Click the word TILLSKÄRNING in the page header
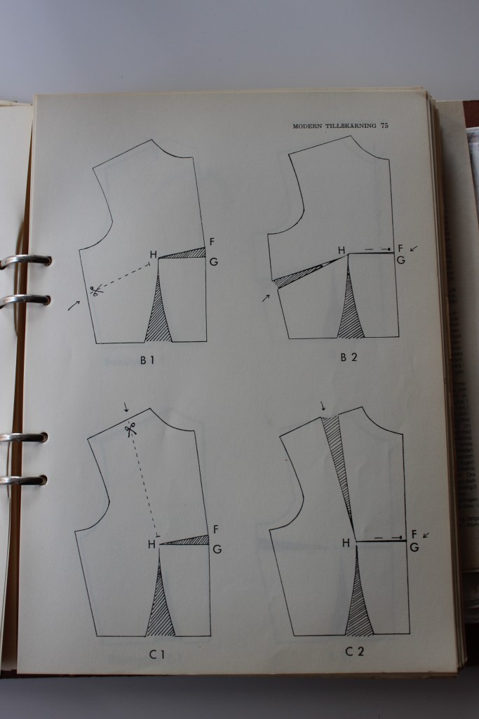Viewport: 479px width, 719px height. (x=348, y=126)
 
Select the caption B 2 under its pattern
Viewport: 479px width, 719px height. (x=349, y=357)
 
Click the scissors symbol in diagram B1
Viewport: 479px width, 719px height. (x=96, y=289)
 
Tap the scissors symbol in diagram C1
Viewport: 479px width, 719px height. (x=130, y=430)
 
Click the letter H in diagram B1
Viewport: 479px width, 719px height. (x=152, y=255)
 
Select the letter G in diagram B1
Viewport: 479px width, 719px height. (x=212, y=262)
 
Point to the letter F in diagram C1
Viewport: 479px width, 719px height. (x=215, y=529)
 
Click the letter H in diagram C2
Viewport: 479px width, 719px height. (x=346, y=543)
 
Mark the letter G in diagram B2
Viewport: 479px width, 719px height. (x=400, y=260)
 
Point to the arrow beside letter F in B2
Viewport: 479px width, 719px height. (x=412, y=248)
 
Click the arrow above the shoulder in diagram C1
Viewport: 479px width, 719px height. (x=126, y=407)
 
